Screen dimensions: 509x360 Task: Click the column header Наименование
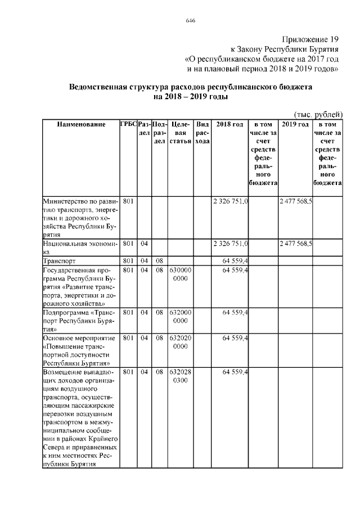click(81, 124)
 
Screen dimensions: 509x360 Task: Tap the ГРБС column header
click(128, 124)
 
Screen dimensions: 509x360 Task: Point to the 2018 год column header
click(231, 124)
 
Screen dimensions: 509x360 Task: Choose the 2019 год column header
click(296, 124)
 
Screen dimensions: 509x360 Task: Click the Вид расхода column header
click(202, 132)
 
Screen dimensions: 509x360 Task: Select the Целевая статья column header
click(181, 132)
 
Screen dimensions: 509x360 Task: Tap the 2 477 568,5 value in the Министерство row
click(296, 201)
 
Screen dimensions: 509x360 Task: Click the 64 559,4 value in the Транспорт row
click(236, 261)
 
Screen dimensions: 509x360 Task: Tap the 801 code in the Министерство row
click(128, 201)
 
